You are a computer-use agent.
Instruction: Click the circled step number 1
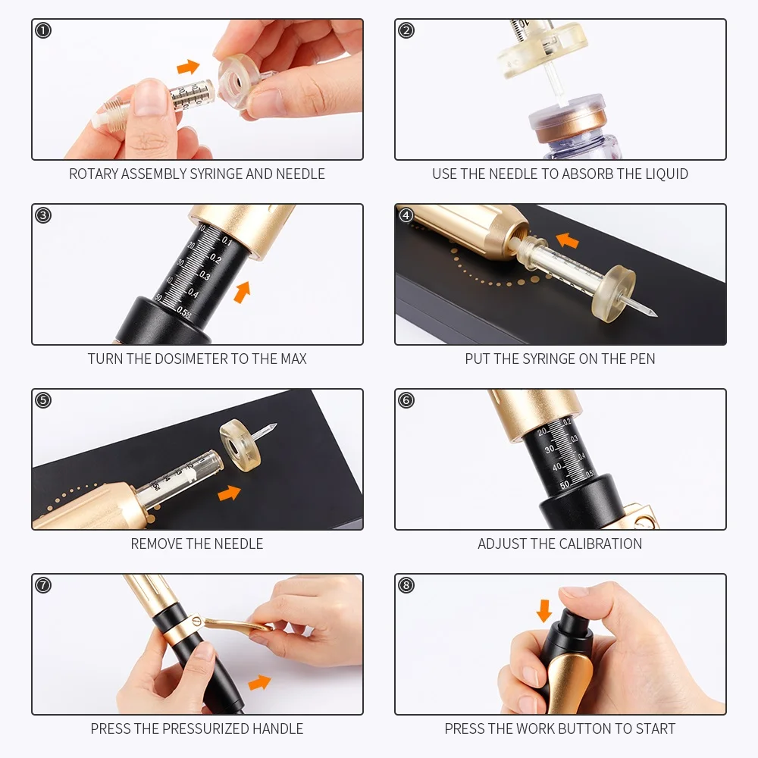tap(43, 30)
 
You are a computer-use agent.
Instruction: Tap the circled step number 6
tap(406, 400)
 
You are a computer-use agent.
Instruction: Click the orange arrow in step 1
tap(188, 67)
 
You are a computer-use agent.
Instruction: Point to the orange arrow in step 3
tap(243, 292)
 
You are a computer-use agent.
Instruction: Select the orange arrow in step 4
tap(568, 240)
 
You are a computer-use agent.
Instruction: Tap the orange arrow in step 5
tap(229, 493)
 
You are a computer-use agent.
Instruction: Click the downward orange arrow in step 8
tap(544, 610)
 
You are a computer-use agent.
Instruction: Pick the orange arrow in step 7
tap(259, 683)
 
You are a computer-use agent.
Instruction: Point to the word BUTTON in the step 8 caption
tap(590, 728)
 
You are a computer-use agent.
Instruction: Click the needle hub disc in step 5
tap(240, 445)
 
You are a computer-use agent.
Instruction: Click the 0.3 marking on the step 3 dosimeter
tap(205, 276)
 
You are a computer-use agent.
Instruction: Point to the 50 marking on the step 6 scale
tap(565, 485)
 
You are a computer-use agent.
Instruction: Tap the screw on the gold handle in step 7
tap(196, 620)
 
